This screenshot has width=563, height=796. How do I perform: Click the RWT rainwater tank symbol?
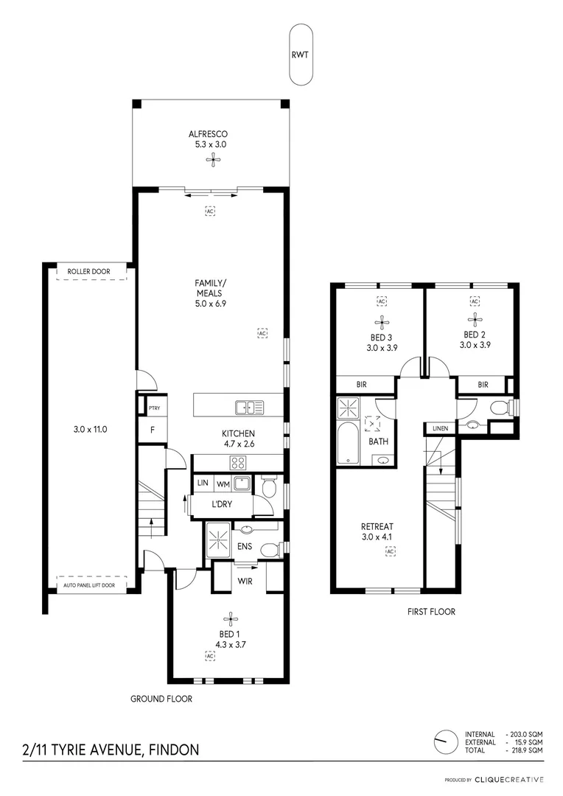tap(301, 55)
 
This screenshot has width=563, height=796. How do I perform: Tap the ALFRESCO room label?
tap(208, 134)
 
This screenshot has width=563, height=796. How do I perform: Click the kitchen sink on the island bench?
tap(250, 407)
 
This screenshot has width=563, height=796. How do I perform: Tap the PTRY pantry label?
tap(154, 408)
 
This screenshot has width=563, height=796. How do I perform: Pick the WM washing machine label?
tap(222, 484)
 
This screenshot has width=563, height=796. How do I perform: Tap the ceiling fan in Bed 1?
tap(230, 620)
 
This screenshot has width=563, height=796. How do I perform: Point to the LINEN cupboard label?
tap(440, 427)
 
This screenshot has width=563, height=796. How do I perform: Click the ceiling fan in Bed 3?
tap(382, 321)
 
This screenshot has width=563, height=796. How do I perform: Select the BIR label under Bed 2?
tap(483, 385)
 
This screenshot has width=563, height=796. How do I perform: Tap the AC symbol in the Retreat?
tap(390, 551)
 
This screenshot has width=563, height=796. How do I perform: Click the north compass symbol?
tap(444, 739)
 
